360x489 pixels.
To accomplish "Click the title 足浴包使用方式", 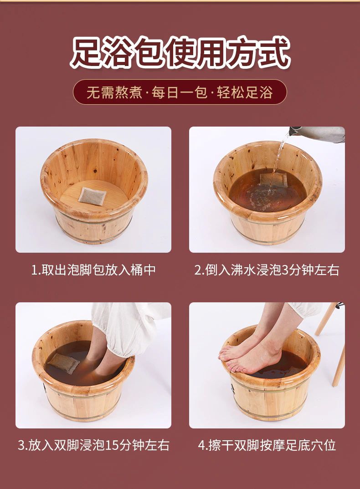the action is click(180, 53).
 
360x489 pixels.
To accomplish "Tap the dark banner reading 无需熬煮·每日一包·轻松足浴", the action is click(180, 92).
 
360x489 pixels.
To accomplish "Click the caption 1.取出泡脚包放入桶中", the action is click(93, 270).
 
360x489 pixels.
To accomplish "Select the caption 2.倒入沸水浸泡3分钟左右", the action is click(267, 270).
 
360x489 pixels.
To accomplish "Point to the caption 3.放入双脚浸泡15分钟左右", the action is click(93, 445).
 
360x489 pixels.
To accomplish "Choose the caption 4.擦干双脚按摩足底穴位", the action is click(267, 445).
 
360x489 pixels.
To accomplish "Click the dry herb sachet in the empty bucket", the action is click(92, 197).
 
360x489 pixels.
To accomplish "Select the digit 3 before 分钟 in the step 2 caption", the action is click(285, 270).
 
